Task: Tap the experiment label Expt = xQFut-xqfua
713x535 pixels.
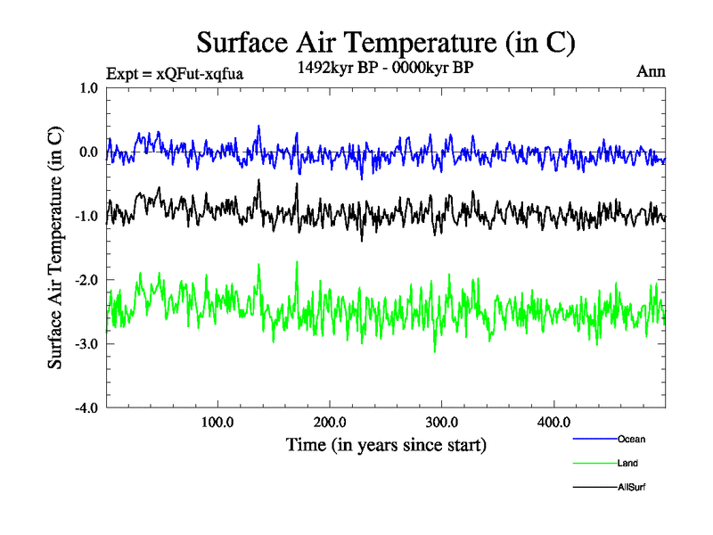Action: pos(174,73)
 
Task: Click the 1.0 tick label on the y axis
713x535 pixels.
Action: pos(89,87)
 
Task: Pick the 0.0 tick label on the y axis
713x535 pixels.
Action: pos(89,152)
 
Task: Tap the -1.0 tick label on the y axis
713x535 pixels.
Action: pos(86,216)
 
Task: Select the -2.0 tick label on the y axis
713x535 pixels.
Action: pos(86,280)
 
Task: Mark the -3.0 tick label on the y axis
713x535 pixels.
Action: pos(86,344)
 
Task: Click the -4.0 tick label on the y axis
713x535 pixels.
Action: pos(86,408)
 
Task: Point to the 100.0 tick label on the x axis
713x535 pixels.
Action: pos(217,423)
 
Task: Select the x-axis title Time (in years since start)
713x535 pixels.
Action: pos(386,444)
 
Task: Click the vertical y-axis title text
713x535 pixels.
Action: pos(55,248)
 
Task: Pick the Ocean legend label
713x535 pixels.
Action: pos(631,439)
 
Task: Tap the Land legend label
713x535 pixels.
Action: pos(627,463)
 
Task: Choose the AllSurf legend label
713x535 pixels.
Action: pos(631,487)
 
